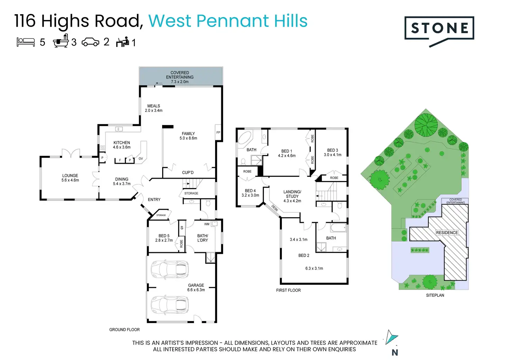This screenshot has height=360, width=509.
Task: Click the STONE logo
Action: [x=439, y=29]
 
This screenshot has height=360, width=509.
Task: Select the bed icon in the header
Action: [x=26, y=42]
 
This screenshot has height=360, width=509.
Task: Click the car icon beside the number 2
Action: [x=90, y=42]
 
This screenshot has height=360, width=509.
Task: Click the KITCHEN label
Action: [x=122, y=143]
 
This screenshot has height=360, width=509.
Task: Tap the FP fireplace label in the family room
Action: [x=218, y=133]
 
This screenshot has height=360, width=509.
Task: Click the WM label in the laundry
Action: [x=207, y=224]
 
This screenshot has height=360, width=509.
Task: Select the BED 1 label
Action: [x=287, y=151]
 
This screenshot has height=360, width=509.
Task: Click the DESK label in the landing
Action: [x=275, y=208]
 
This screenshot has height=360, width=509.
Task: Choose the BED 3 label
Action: [x=333, y=150]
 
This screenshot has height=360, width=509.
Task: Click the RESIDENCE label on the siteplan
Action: [x=447, y=233]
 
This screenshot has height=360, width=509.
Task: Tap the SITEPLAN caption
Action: [x=435, y=295]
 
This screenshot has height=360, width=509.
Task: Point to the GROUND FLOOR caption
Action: [x=124, y=330]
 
